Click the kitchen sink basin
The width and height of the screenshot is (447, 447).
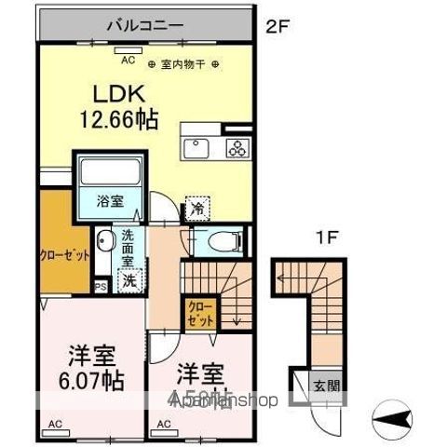point(198,146)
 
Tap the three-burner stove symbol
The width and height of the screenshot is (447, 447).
point(235,146)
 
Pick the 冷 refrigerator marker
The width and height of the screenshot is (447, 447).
point(197,209)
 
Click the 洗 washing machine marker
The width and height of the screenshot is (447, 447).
point(130,278)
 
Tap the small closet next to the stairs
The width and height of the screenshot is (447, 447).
point(199,311)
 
